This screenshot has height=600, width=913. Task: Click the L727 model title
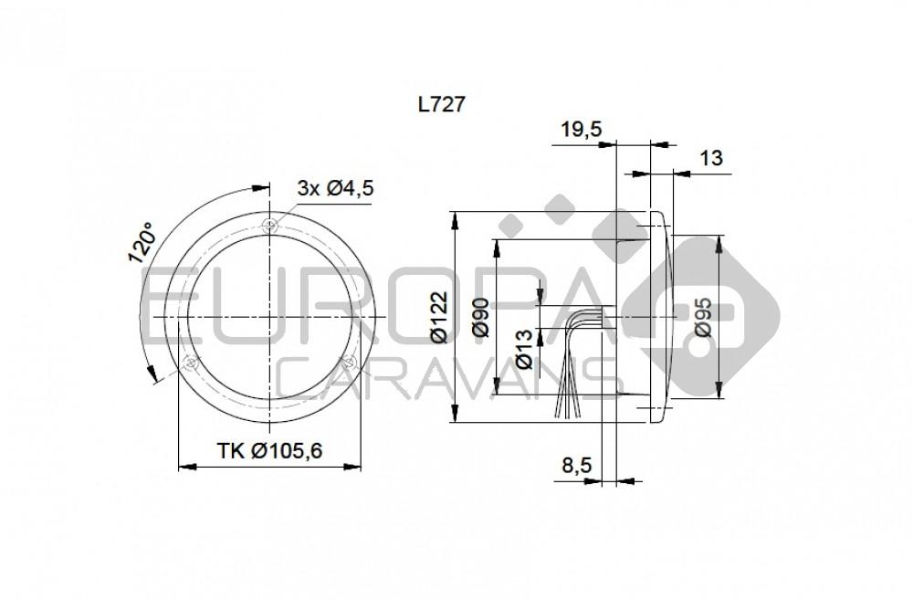point(442,104)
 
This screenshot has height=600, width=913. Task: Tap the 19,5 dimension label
point(581,130)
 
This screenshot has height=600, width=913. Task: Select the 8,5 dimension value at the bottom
point(577,466)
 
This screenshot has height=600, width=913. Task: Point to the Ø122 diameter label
point(438,318)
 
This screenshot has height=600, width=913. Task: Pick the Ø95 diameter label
point(703,318)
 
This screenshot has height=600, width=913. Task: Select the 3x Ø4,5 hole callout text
point(336,188)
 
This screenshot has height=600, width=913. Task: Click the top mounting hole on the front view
point(270,224)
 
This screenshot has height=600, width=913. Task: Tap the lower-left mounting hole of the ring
point(190,363)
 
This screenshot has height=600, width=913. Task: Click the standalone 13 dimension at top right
point(710,158)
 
